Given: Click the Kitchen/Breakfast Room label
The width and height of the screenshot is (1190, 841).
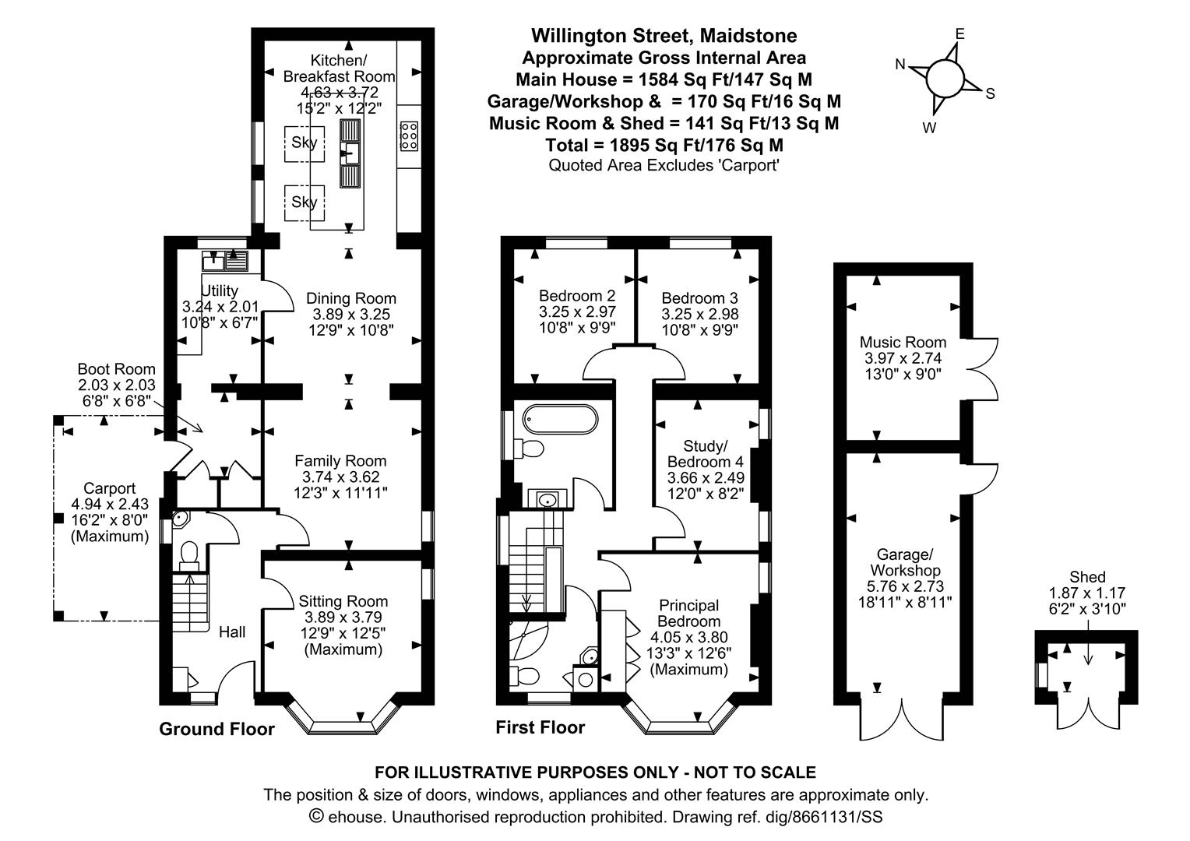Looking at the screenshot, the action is point(339,69).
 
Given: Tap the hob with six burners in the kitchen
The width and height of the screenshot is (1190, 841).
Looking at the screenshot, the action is point(409,136).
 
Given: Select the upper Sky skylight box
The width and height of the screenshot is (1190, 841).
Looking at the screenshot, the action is point(305,143).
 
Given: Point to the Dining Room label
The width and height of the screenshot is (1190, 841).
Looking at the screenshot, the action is point(351,298).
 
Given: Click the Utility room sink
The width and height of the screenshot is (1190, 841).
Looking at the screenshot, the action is point(225,261).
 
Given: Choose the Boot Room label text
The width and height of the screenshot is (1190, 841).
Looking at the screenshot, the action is point(116,369).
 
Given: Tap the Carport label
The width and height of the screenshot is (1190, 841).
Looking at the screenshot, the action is point(110,488).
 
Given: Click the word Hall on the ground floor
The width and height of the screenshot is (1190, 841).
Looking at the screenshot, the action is point(232,632).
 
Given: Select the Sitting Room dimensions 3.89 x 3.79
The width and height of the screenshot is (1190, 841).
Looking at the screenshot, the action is point(343,618).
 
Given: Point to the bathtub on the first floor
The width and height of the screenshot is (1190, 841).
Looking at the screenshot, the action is point(561,419).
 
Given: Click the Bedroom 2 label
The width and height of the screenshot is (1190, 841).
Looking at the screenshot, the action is point(577,296).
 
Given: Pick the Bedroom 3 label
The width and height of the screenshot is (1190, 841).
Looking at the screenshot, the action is point(699,298).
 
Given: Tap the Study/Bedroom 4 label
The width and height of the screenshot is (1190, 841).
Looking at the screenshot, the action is point(706,454).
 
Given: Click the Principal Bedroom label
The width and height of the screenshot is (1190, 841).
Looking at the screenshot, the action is point(689,613).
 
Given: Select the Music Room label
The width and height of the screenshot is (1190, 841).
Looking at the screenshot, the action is point(903,342).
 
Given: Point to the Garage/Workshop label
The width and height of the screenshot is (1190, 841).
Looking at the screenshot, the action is point(905,563).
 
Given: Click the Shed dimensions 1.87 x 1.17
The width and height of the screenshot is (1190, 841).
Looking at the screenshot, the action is point(1087,593).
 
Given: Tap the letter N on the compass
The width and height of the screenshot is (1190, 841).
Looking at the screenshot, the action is point(900,65).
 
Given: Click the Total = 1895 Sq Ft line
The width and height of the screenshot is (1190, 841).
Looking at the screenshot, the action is point(664,145).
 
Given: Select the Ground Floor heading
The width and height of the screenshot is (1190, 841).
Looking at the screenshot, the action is point(217,729).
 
